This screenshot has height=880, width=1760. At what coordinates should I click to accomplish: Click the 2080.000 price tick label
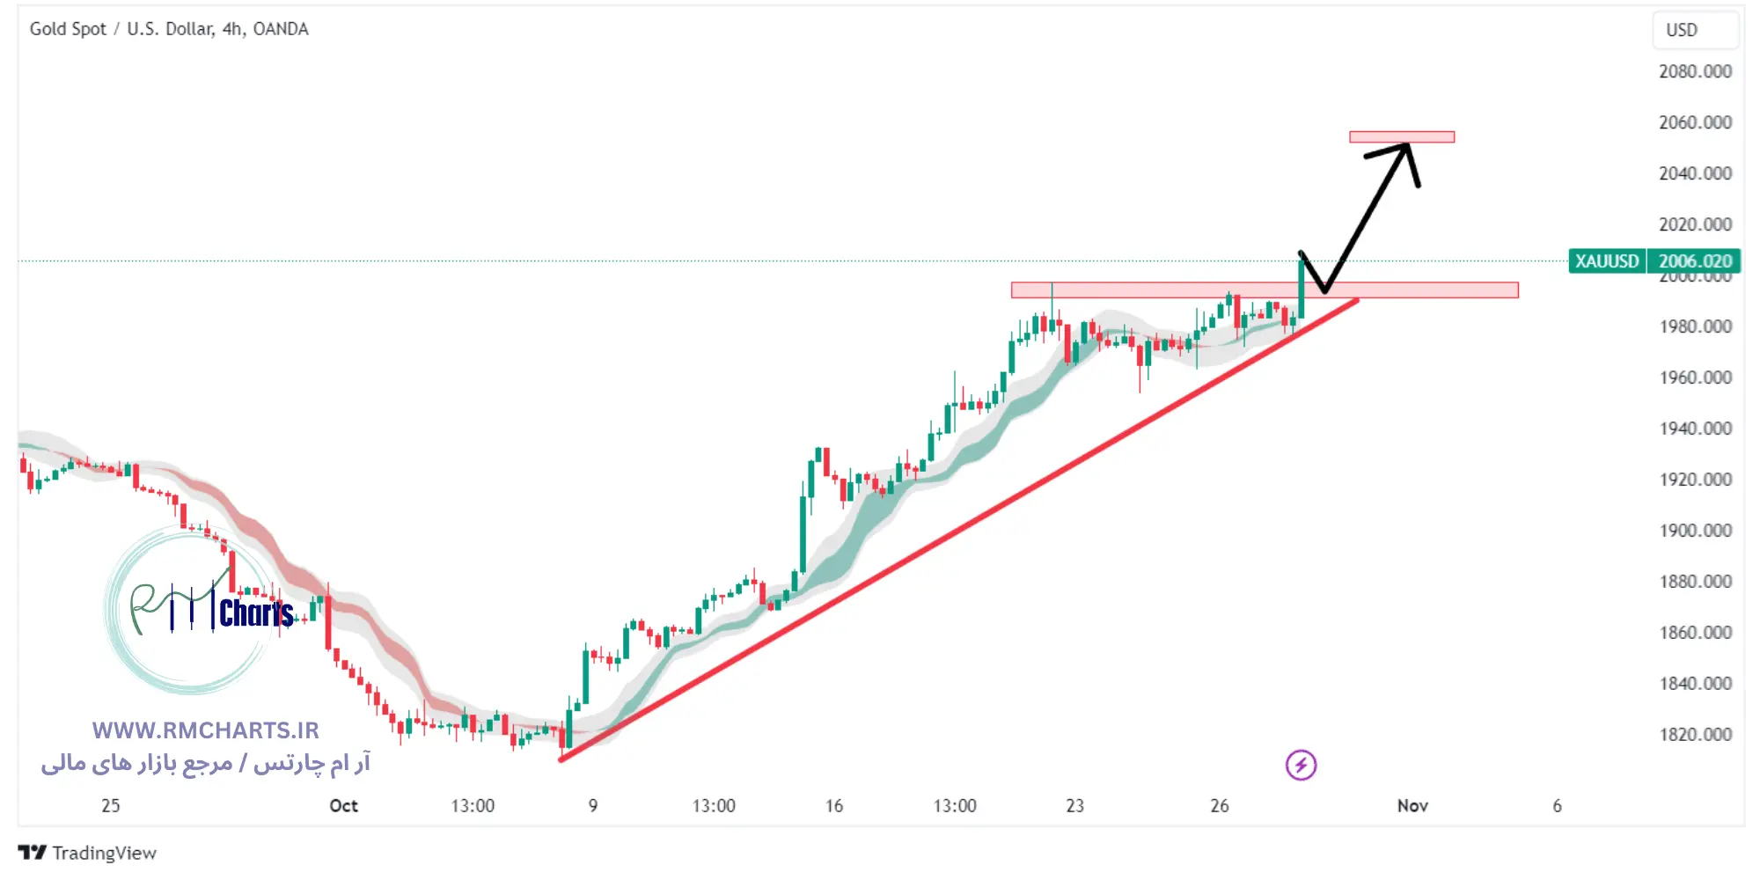(1695, 71)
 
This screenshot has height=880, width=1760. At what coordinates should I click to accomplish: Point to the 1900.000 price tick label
(1695, 531)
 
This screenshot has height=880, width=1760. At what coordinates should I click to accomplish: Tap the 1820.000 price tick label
(1695, 735)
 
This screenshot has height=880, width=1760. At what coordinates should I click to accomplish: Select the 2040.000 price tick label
(1695, 173)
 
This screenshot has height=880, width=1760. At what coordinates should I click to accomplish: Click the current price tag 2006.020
(1695, 261)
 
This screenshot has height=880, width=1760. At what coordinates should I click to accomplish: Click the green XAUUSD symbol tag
(1607, 261)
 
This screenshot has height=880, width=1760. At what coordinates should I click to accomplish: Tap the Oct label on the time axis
(343, 805)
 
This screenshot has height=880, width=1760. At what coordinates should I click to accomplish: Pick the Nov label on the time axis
(1412, 805)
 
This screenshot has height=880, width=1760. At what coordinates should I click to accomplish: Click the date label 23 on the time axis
(1074, 805)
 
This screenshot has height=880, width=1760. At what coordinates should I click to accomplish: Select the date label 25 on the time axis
(110, 805)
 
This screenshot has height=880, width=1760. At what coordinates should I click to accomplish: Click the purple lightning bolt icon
(1301, 765)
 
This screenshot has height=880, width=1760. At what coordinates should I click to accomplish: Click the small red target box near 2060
(1402, 136)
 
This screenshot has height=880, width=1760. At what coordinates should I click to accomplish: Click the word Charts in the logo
(256, 613)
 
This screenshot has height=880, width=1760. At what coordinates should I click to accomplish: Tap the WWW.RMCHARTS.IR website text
(205, 730)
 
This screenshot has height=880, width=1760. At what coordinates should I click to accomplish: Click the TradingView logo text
(103, 853)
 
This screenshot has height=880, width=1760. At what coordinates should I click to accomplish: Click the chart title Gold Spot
(68, 29)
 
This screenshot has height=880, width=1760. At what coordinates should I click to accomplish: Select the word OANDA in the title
(281, 29)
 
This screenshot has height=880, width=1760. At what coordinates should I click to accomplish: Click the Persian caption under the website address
(205, 763)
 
